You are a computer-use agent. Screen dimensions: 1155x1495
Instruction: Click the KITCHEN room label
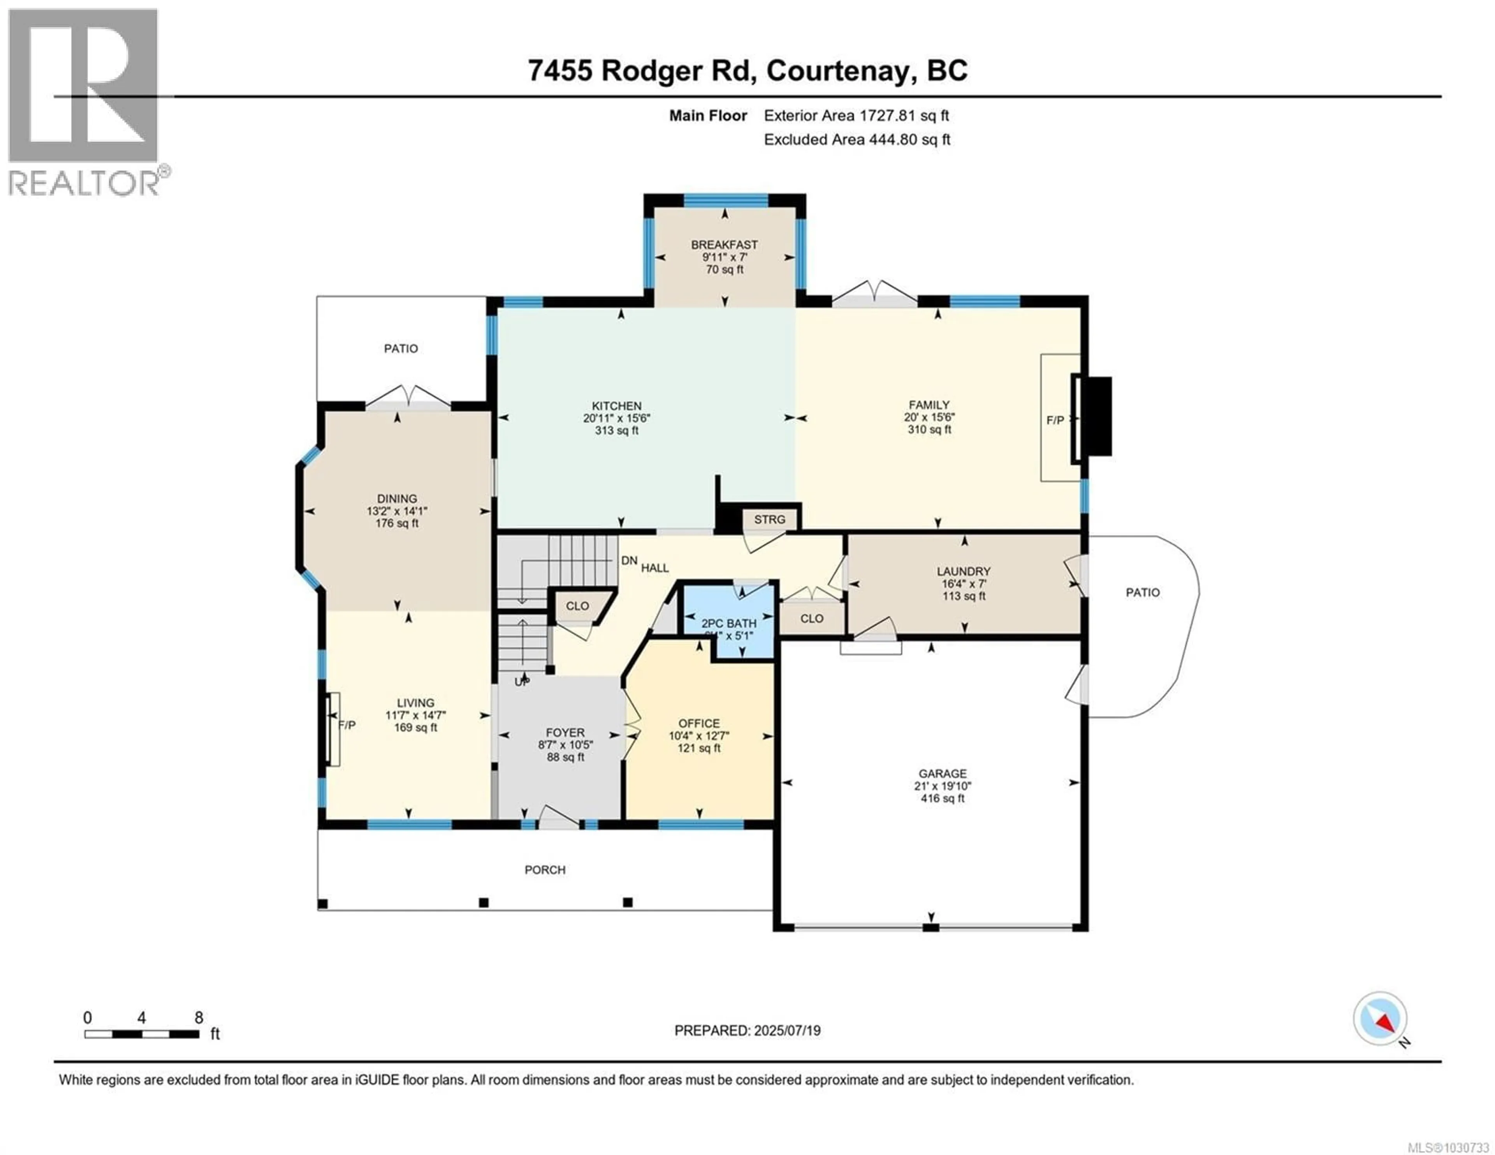click(x=617, y=406)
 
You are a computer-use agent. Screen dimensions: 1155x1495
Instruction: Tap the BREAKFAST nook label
click(x=724, y=244)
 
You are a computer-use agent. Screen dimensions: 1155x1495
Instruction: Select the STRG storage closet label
click(x=769, y=520)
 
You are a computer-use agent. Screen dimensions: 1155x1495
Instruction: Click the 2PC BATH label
click(x=729, y=623)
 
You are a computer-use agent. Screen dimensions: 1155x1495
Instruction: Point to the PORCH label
click(x=545, y=870)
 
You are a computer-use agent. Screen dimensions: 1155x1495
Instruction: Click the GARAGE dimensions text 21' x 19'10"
click(x=943, y=786)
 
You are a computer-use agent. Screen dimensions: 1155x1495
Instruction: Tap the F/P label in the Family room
click(x=1055, y=420)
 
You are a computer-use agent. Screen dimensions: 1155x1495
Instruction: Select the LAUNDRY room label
click(x=964, y=571)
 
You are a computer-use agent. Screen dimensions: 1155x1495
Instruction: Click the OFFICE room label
click(x=699, y=723)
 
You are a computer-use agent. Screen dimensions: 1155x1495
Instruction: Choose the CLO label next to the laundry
click(x=812, y=618)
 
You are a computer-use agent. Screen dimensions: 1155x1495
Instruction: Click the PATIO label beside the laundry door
click(x=1143, y=592)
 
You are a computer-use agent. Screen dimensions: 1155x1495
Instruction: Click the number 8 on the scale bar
click(x=199, y=1017)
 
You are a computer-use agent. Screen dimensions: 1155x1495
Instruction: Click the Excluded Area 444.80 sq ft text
click(x=857, y=140)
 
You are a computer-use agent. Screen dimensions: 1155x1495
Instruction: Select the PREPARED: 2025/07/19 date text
click(x=747, y=1030)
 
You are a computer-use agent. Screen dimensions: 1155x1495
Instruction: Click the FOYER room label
click(x=565, y=733)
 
